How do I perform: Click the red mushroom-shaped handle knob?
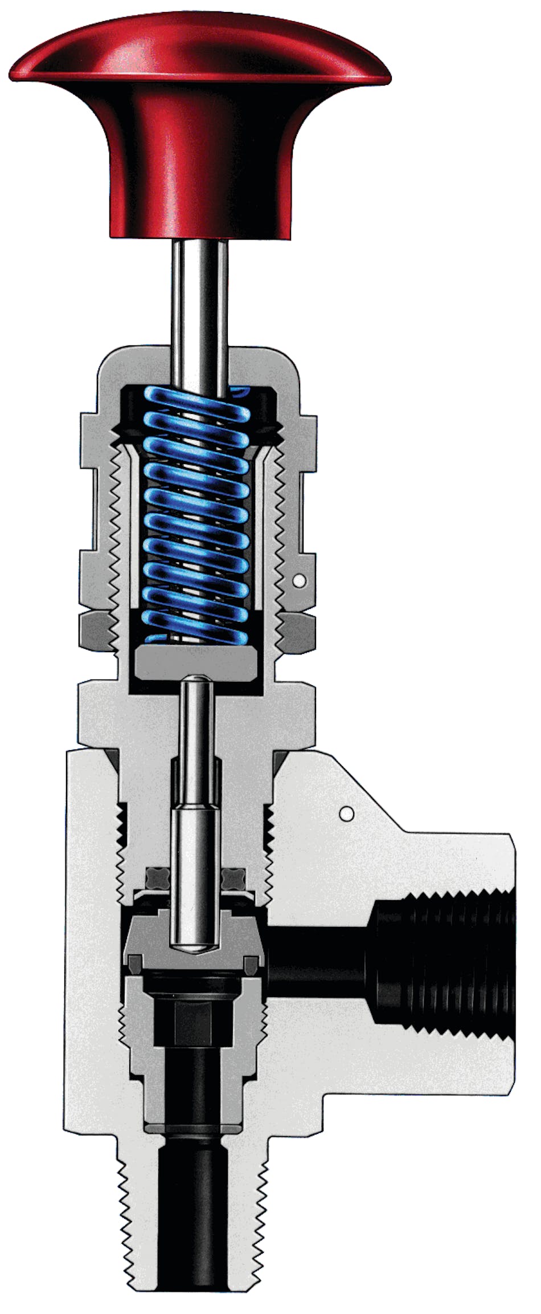199,114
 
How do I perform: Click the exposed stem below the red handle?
200,291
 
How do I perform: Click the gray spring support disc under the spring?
196,664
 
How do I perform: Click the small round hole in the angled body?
345,812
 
